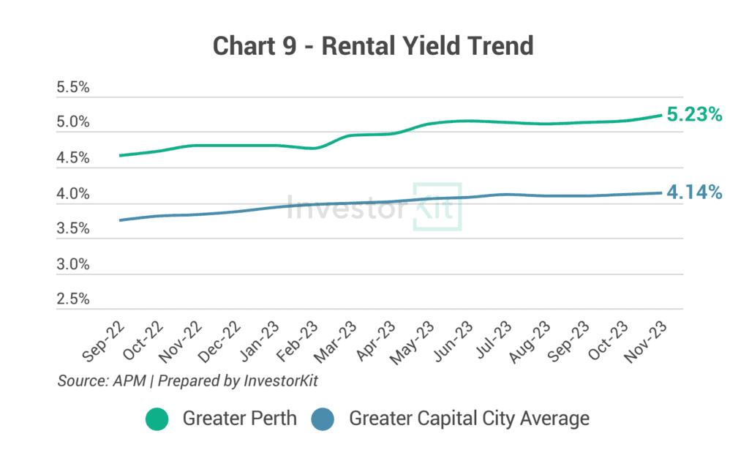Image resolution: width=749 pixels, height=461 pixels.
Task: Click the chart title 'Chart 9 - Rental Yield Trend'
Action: click(373, 45)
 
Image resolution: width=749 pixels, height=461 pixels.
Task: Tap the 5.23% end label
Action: click(694, 115)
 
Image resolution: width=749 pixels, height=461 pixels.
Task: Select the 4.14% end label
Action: click(694, 192)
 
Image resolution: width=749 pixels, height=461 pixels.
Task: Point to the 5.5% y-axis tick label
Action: click(72, 88)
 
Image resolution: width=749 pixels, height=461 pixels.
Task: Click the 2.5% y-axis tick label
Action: click(72, 299)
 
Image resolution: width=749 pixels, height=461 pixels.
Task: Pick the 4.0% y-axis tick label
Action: click(72, 195)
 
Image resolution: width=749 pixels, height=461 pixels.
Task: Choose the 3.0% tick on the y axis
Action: click(72, 264)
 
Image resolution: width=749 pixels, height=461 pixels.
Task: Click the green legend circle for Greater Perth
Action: click(157, 419)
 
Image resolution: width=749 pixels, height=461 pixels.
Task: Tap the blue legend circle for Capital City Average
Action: click(323, 419)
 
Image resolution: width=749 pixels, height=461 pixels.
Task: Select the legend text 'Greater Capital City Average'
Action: click(469, 419)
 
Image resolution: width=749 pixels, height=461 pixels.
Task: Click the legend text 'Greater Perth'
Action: click(240, 419)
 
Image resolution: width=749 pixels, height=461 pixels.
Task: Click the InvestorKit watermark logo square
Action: click(437, 206)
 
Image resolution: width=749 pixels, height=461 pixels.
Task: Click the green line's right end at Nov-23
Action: click(661, 115)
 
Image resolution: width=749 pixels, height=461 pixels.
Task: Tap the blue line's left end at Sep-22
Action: click(119, 220)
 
